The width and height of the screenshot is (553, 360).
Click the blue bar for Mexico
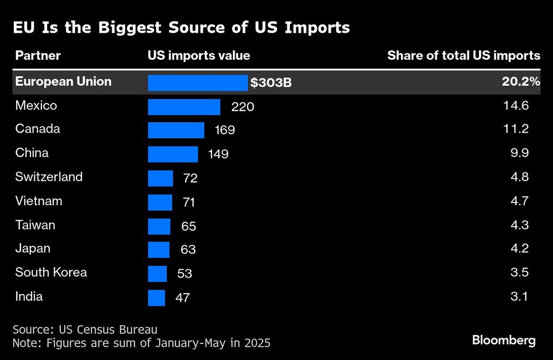click(184, 107)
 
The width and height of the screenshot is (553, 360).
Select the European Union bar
click(197, 82)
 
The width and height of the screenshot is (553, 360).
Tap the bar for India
click(156, 298)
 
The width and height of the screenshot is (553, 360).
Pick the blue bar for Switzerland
click(160, 178)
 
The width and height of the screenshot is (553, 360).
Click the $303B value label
click(271, 83)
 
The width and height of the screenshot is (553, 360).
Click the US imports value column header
click(199, 55)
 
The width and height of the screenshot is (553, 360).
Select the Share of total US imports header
click(463, 55)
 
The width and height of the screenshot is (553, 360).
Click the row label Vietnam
click(39, 201)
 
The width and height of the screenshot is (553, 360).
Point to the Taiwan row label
click(35, 225)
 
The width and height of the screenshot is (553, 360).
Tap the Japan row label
click(33, 249)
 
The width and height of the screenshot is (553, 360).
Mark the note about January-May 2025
click(142, 343)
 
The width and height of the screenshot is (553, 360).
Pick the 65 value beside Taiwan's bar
click(189, 226)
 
